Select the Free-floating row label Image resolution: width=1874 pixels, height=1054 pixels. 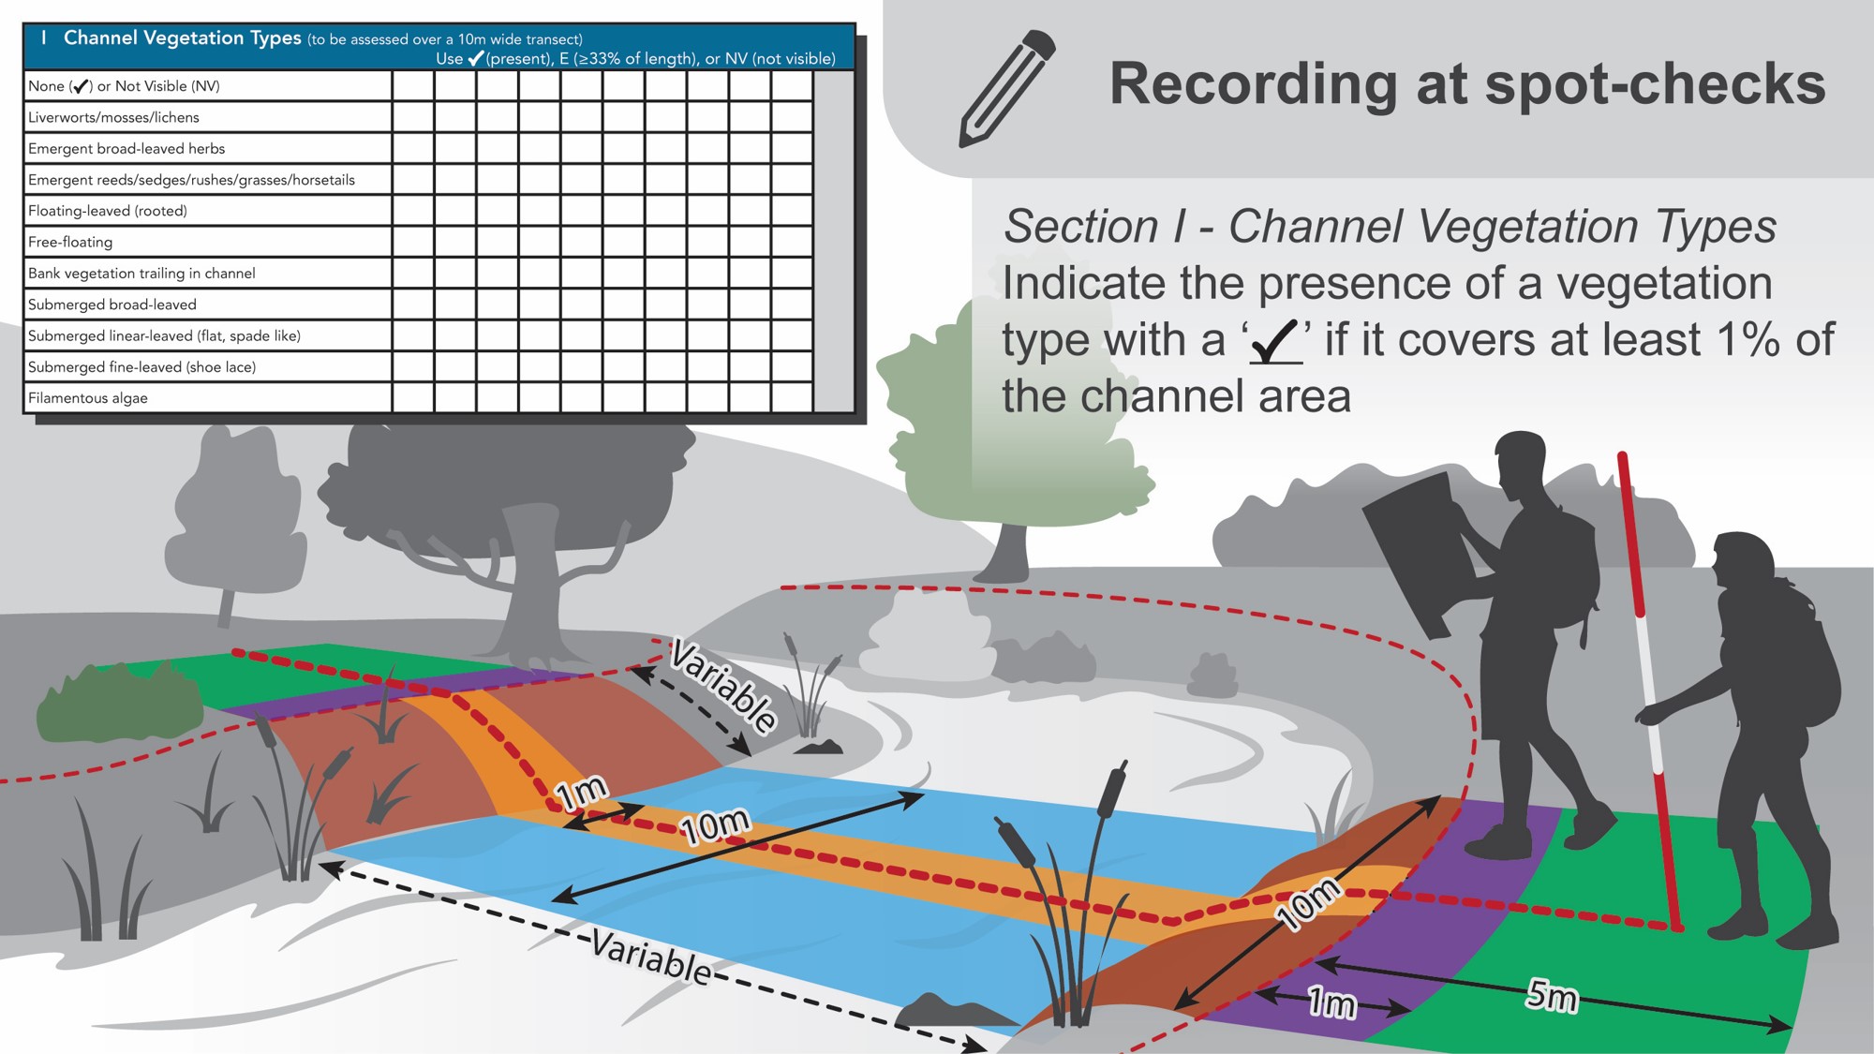pos(70,242)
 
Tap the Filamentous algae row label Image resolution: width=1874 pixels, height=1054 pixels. pos(88,398)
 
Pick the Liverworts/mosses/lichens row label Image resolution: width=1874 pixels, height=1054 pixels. pos(113,117)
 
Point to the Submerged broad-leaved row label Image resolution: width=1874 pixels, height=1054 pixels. pos(112,304)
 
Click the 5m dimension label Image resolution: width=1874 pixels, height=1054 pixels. pos(1552,995)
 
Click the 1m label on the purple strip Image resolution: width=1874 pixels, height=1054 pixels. pos(1331,1003)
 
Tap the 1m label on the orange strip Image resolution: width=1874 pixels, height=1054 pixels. pos(582,794)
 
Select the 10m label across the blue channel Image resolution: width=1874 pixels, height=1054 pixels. pos(716,825)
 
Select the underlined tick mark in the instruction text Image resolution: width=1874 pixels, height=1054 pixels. pos(1275,341)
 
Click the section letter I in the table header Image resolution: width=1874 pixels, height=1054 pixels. pos(43,37)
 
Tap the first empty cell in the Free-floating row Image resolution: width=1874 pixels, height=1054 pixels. pos(413,242)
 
